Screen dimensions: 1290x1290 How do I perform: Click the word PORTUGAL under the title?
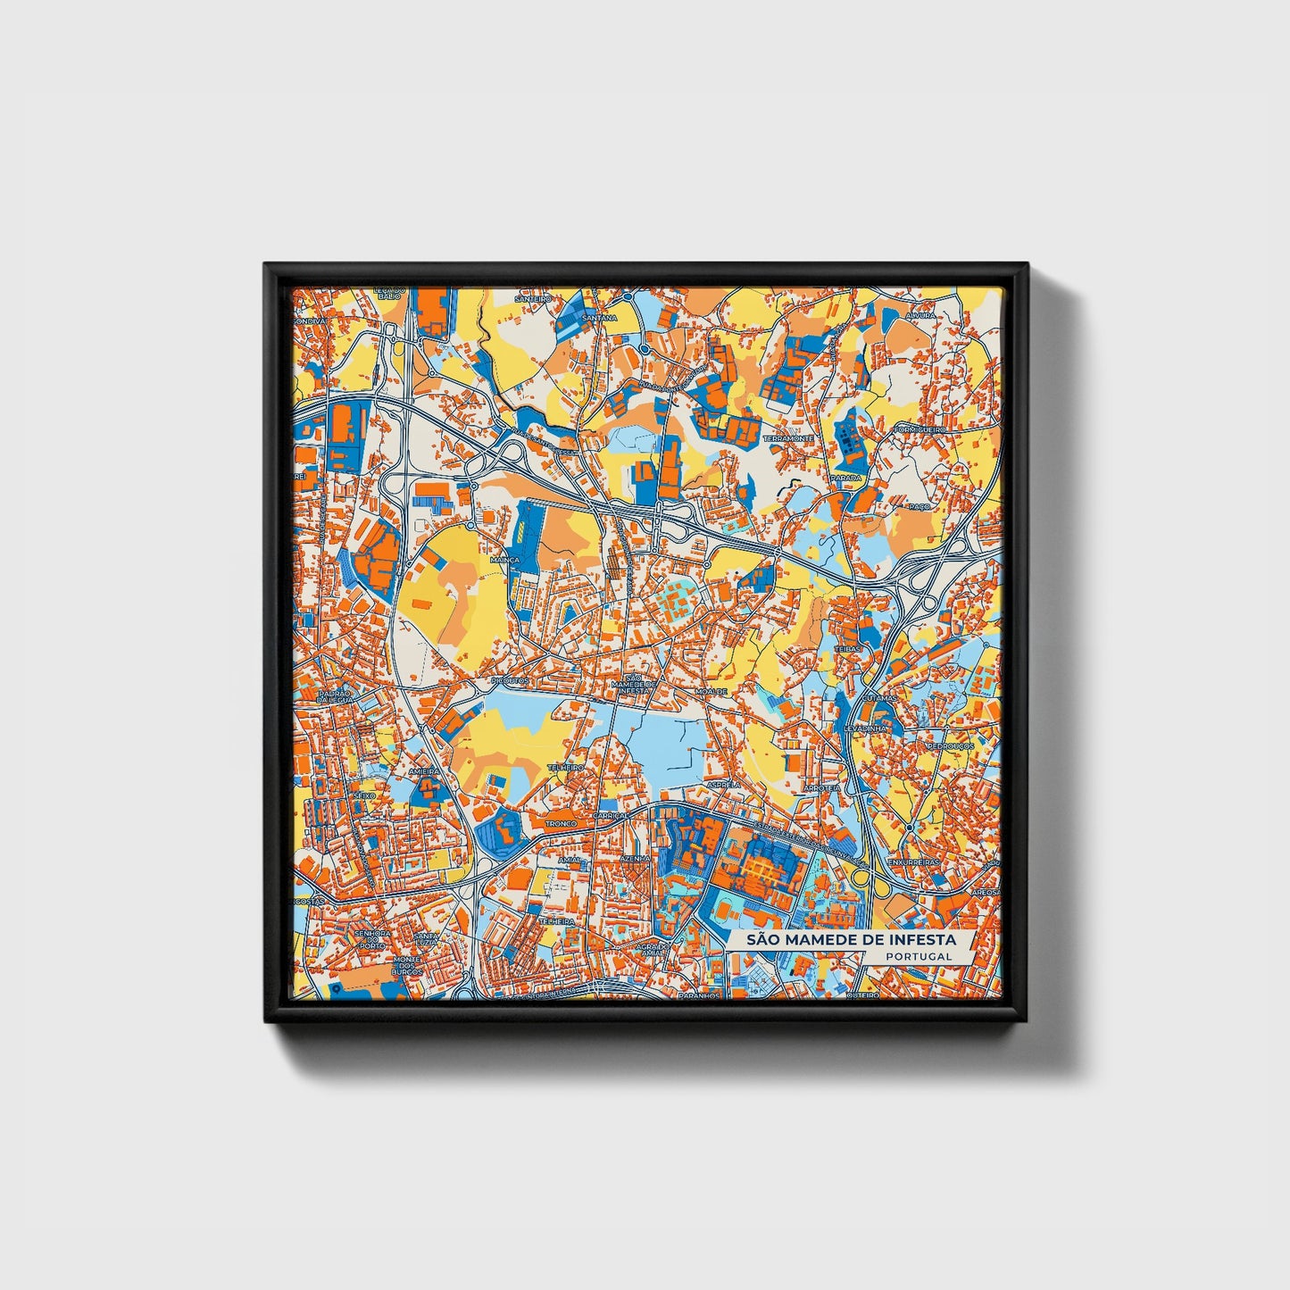click(919, 956)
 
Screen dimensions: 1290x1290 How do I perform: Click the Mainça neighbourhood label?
click(504, 560)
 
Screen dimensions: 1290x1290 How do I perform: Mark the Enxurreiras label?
click(914, 862)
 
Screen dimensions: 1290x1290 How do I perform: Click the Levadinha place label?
click(867, 728)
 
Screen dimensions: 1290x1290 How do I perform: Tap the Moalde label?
click(712, 691)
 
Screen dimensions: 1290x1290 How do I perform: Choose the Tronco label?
click(562, 824)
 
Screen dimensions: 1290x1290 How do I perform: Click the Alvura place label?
click(920, 315)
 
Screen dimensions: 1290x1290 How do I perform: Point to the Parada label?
click(846, 478)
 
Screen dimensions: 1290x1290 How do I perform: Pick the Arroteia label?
click(821, 789)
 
